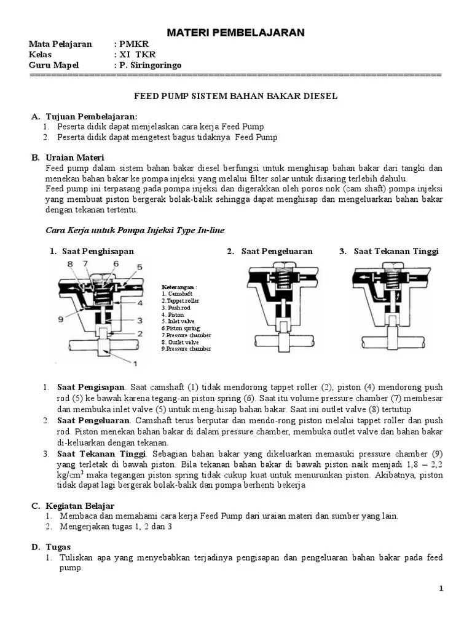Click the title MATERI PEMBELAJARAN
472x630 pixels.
pyautogui.click(x=236, y=33)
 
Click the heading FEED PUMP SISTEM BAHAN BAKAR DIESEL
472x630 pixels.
pyautogui.click(x=236, y=97)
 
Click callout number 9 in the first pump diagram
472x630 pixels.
pyautogui.click(x=60, y=319)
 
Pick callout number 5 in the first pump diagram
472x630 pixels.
pyautogui.click(x=140, y=267)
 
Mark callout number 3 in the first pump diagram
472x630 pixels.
pyautogui.click(x=140, y=321)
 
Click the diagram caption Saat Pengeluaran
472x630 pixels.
pyautogui.click(x=277, y=251)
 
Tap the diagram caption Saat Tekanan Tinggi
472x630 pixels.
pyautogui.click(x=396, y=251)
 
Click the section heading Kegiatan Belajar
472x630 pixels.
pyautogui.click(x=80, y=505)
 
